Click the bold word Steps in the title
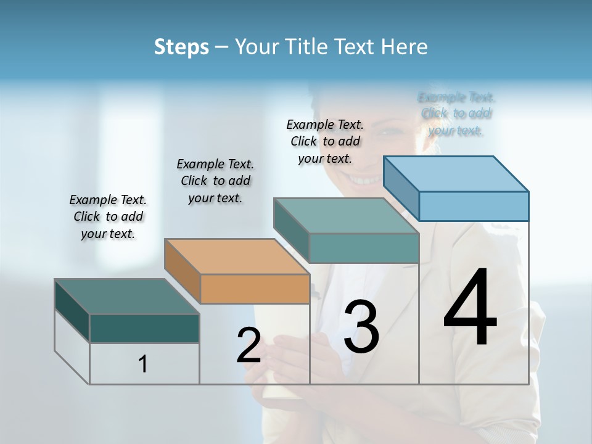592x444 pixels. (181, 47)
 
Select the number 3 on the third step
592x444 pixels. (361, 327)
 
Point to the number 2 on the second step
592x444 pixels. (249, 345)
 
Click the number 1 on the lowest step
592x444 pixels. (143, 364)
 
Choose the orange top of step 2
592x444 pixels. (236, 257)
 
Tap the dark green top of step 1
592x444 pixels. (126, 297)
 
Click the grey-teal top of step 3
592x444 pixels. (346, 216)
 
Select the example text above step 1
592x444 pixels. (108, 216)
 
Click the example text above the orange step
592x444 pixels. (215, 181)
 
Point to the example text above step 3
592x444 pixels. (325, 141)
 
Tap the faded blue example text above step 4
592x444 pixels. (456, 113)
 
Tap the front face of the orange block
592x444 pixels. (255, 289)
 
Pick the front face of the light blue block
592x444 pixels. (473, 206)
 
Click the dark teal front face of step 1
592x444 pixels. (144, 328)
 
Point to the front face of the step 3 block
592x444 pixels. (364, 248)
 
